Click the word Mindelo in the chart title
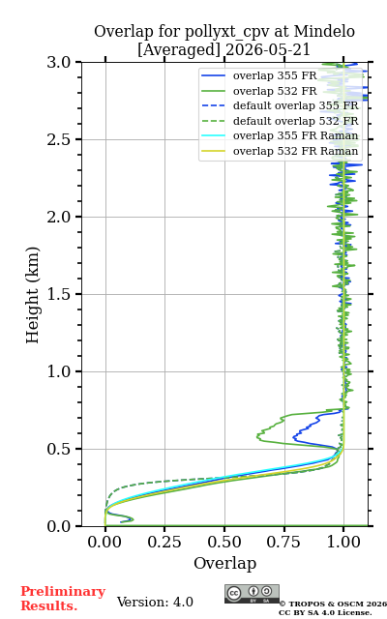[x=324, y=31]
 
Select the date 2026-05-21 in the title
[x=268, y=49]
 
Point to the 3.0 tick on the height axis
[x=59, y=62]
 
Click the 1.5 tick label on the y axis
[x=59, y=294]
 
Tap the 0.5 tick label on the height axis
[x=59, y=449]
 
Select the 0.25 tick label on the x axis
[x=164, y=542]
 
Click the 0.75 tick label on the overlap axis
[x=283, y=542]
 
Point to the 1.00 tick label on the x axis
[x=343, y=542]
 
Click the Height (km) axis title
[x=32, y=294]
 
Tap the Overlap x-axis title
[x=225, y=563]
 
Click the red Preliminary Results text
[x=63, y=598]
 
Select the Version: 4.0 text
[x=155, y=602]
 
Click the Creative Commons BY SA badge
[x=252, y=594]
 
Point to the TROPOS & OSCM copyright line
[x=333, y=604]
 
